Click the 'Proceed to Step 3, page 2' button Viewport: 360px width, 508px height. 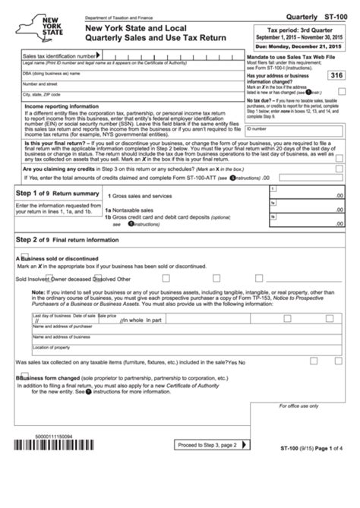point(206,487)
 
